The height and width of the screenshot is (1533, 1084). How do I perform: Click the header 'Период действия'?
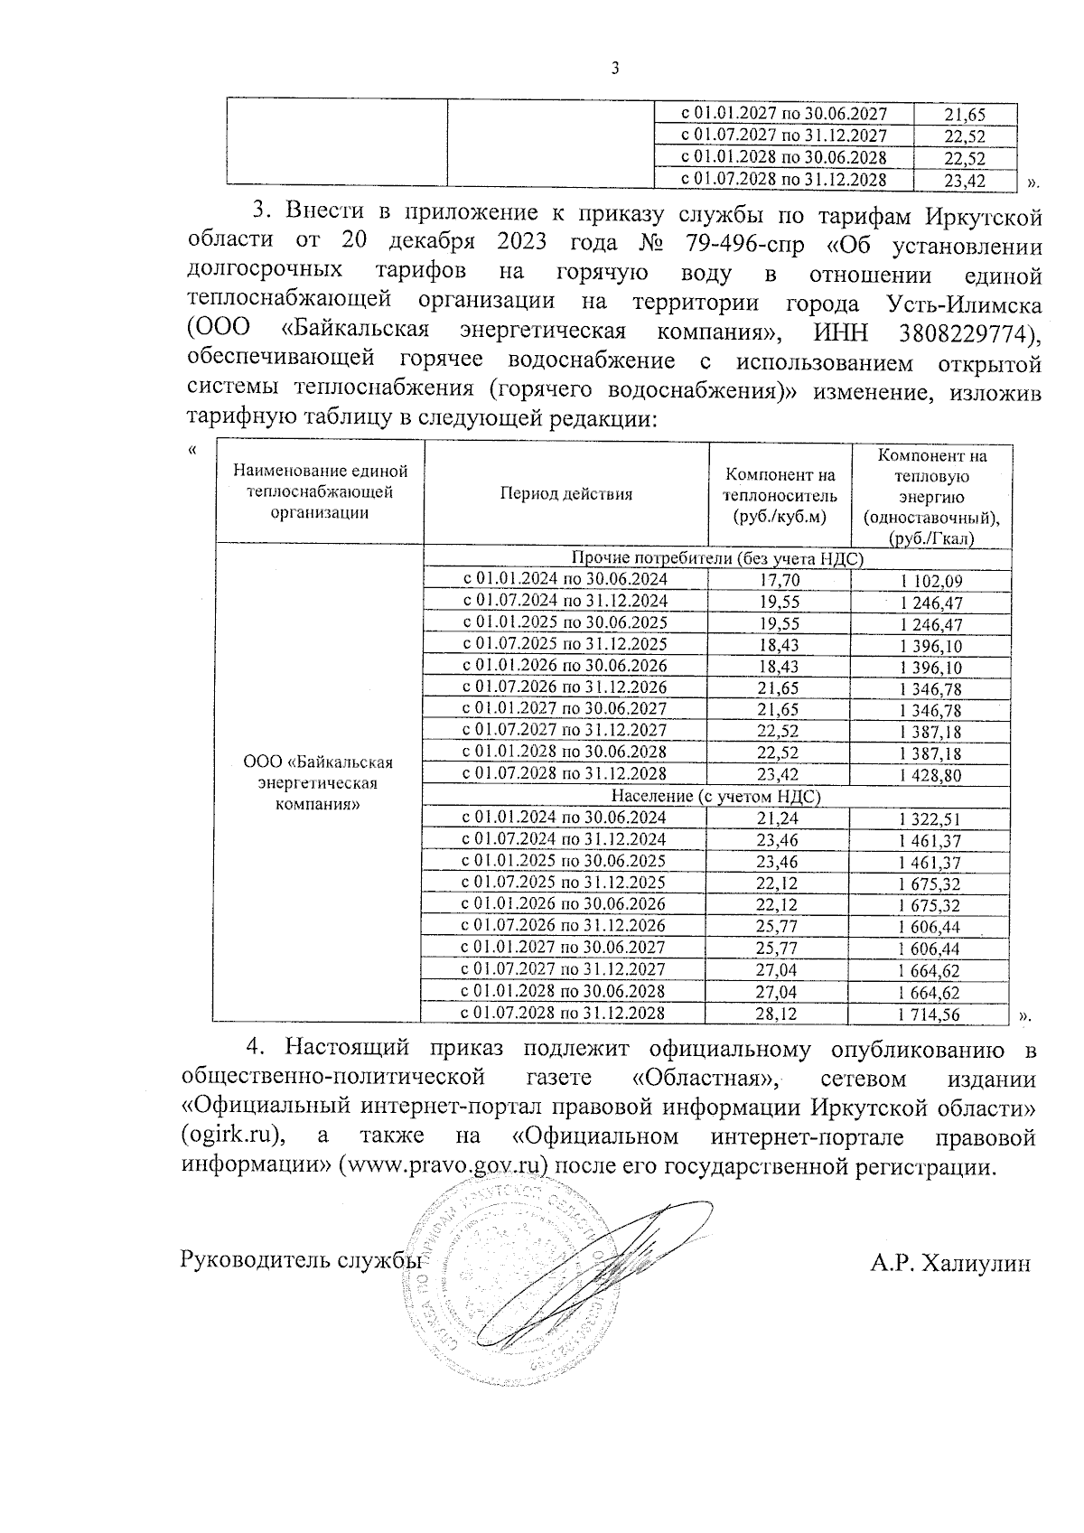click(x=565, y=494)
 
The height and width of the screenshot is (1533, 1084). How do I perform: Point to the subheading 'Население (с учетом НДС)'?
click(x=715, y=797)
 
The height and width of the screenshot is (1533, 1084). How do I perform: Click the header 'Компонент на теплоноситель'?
click(x=781, y=495)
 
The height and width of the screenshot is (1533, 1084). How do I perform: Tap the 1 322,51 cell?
click(x=930, y=819)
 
